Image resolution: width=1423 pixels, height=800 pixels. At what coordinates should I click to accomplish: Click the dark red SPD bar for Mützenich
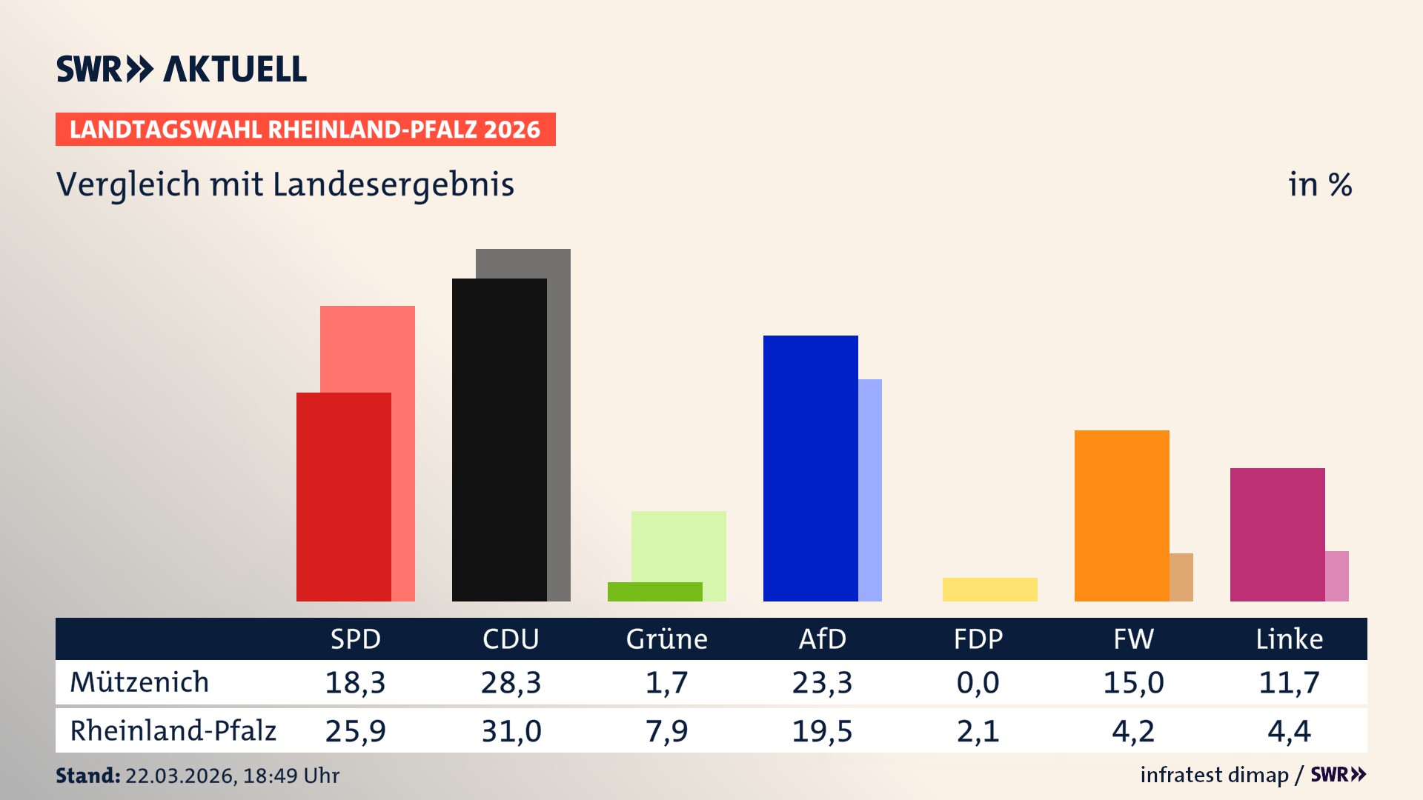coord(343,496)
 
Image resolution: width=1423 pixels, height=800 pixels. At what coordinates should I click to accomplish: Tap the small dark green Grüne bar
coord(654,591)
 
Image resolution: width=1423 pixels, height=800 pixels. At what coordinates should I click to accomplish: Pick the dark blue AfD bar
coord(810,468)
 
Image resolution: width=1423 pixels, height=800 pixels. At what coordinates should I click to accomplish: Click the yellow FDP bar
coord(989,589)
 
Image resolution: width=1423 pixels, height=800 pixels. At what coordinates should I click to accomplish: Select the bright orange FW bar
coord(1121,516)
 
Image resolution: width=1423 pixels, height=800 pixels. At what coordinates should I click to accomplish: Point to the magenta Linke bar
coord(1277,534)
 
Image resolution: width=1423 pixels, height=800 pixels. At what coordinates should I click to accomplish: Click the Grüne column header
coord(666,639)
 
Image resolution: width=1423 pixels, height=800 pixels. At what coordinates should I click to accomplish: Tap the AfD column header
coord(822,639)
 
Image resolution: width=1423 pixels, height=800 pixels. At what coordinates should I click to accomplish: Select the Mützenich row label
coord(139,682)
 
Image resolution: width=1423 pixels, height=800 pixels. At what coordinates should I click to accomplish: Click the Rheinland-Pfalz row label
coord(173,731)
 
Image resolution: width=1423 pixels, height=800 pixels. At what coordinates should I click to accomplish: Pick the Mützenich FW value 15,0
coord(1133,682)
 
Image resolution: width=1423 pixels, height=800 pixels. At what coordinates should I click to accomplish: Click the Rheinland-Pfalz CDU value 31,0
coord(511,731)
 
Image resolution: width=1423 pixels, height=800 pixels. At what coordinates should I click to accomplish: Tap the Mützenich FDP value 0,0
coord(978,682)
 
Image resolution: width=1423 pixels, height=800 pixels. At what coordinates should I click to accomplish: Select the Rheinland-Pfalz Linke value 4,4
coord(1289,731)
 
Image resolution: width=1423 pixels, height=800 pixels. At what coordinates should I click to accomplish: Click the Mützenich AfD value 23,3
coord(822,682)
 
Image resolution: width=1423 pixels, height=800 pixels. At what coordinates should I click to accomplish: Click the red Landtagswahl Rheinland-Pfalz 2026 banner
coord(305,130)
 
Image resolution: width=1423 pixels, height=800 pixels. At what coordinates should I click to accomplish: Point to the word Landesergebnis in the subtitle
coord(393,185)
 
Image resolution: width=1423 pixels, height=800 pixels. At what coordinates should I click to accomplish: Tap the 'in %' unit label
coord(1319,185)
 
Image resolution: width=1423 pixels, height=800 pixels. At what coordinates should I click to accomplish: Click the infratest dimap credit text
coord(1214,775)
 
